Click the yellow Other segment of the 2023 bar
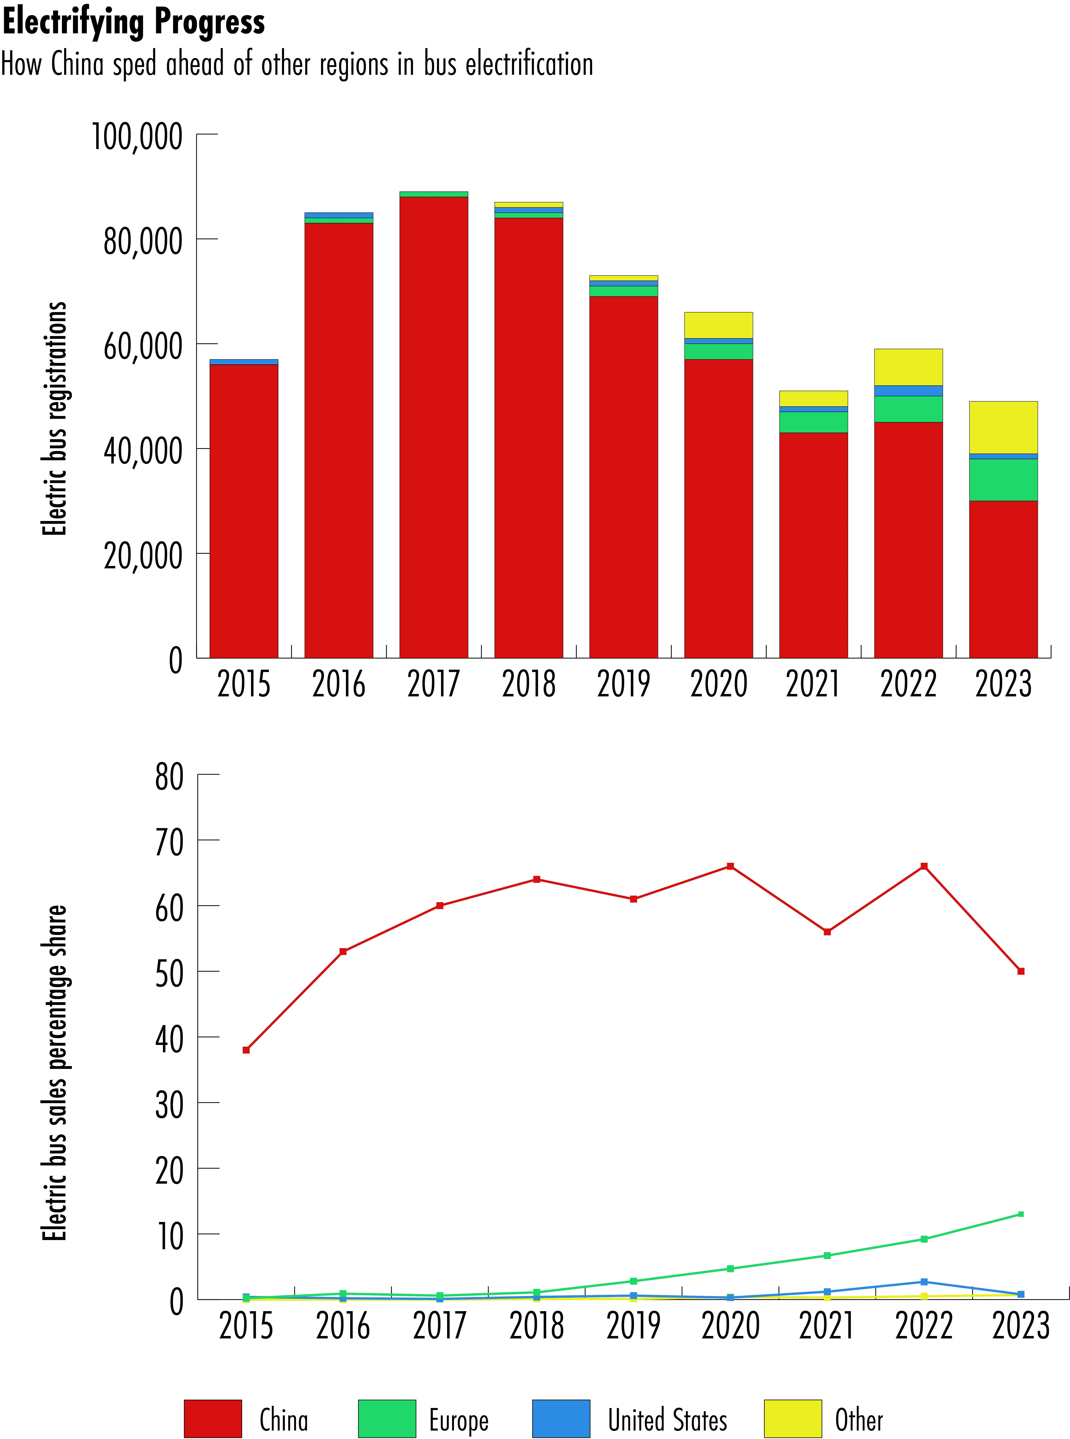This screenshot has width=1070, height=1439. pyautogui.click(x=1003, y=427)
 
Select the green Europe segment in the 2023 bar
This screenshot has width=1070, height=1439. pyautogui.click(x=1003, y=480)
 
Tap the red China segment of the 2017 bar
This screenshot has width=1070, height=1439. pyautogui.click(x=433, y=427)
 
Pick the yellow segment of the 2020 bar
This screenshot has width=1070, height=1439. pyautogui.click(x=718, y=325)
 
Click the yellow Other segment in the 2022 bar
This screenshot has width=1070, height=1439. pyautogui.click(x=908, y=367)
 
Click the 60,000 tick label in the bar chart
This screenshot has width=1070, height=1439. pyautogui.click(x=143, y=346)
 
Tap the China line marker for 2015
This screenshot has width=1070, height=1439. pyautogui.click(x=246, y=1050)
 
